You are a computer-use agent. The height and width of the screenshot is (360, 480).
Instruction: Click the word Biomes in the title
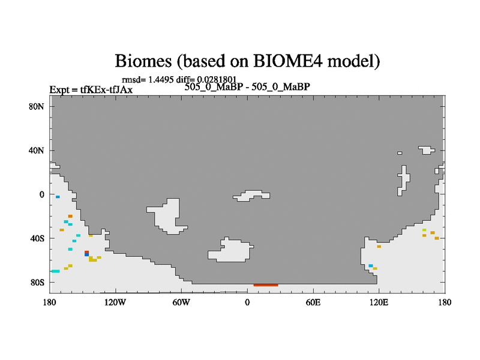(x=143, y=61)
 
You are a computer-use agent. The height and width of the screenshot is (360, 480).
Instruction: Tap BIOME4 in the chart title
(x=289, y=61)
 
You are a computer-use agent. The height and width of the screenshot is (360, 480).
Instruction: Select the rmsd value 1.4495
(x=161, y=80)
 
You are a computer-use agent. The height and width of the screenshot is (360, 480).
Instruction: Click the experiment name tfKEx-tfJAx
(x=106, y=89)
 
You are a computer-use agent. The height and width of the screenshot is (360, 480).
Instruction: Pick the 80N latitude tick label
(x=36, y=107)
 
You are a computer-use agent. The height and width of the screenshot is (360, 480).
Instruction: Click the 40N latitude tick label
(x=36, y=151)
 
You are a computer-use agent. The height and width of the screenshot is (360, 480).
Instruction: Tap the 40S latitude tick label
(x=37, y=238)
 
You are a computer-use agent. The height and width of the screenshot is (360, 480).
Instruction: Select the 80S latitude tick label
(x=37, y=282)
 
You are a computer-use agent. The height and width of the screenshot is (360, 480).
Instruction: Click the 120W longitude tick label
(x=115, y=302)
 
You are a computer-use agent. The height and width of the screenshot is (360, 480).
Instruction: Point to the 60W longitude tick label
(x=181, y=302)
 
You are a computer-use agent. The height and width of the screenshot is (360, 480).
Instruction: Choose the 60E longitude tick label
(x=313, y=302)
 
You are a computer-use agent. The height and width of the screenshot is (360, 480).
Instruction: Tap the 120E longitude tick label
(x=379, y=302)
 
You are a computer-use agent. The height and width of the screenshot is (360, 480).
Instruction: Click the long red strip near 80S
(x=266, y=285)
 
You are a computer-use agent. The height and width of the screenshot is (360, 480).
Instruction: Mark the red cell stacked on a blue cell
(x=86, y=252)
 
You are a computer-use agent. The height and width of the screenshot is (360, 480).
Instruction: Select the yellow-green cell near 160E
(x=424, y=230)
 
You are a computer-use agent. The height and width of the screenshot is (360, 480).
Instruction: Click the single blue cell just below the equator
(x=58, y=197)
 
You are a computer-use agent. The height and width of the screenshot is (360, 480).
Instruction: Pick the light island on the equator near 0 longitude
(x=251, y=196)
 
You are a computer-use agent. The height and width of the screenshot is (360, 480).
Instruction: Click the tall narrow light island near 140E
(x=404, y=181)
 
